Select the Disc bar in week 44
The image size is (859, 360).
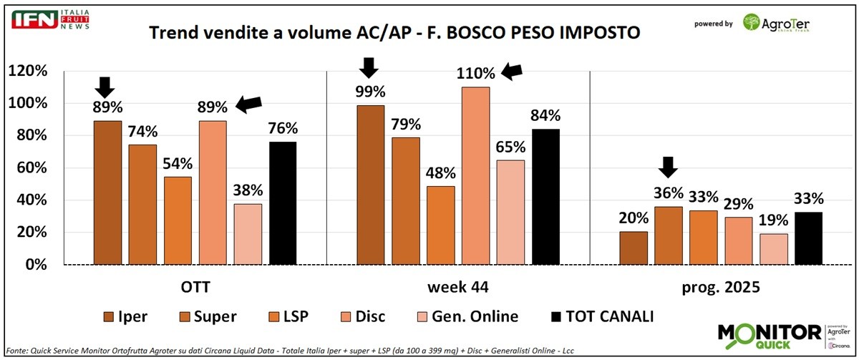click(476, 175)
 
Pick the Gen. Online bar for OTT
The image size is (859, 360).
click(248, 234)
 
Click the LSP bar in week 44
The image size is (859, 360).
click(441, 225)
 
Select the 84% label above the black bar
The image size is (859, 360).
click(545, 116)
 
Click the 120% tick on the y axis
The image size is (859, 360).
click(26, 71)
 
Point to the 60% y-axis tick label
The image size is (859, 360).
click(30, 168)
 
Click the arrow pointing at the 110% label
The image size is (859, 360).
click(511, 70)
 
